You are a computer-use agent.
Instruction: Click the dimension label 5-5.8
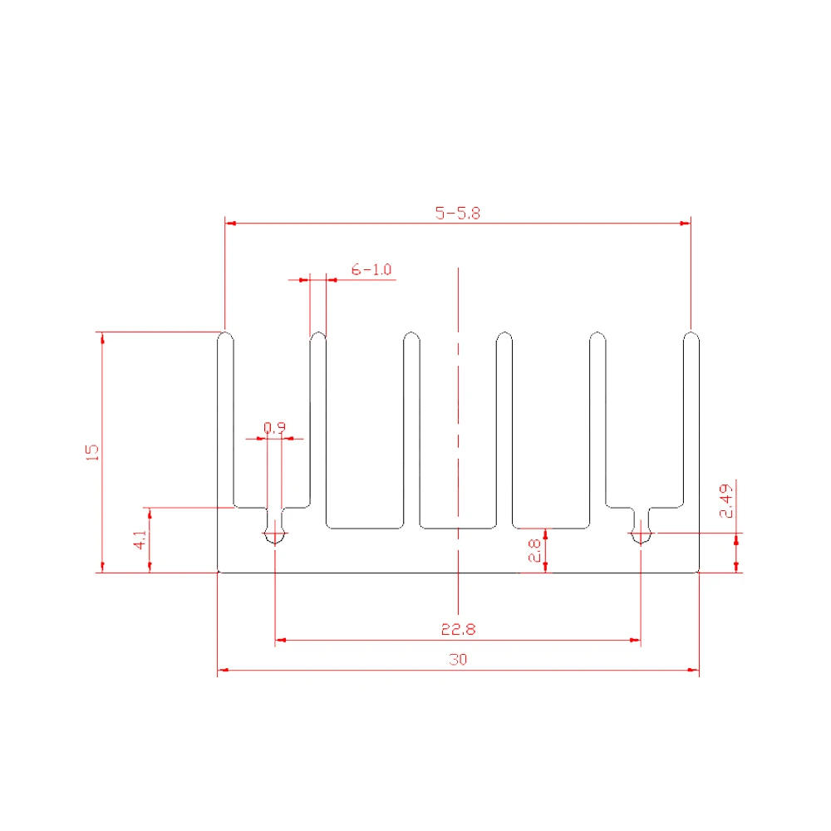click(x=458, y=213)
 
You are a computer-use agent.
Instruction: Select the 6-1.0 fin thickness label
click(x=371, y=269)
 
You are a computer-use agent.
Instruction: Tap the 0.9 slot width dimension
click(x=274, y=427)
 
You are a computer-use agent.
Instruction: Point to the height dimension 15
click(x=92, y=452)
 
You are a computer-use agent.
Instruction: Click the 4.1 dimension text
click(x=140, y=539)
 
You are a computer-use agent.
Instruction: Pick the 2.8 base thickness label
click(x=534, y=550)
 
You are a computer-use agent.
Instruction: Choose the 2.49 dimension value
click(x=726, y=501)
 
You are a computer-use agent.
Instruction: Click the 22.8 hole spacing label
click(x=459, y=629)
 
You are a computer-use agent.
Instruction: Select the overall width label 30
click(x=458, y=659)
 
